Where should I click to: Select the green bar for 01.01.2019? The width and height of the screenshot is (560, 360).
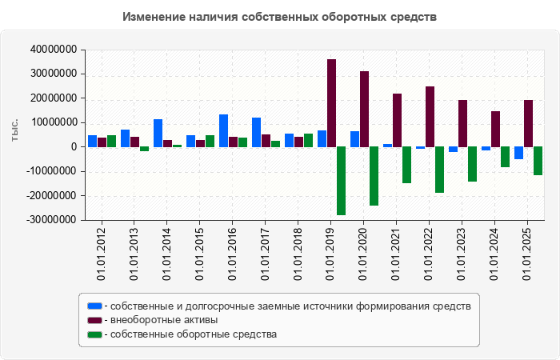(x=341, y=181)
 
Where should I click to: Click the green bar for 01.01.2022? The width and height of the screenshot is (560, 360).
(x=439, y=170)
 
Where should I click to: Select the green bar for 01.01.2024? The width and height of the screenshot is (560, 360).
(x=505, y=157)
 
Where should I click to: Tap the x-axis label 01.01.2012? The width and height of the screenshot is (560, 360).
(x=102, y=254)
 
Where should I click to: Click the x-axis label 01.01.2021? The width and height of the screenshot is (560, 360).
(x=397, y=254)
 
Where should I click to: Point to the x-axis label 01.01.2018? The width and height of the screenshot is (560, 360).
(x=298, y=254)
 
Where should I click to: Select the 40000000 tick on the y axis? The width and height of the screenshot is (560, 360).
(x=53, y=50)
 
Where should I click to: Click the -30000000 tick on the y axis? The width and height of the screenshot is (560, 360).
(x=51, y=220)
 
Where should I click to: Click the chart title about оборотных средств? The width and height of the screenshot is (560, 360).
(x=280, y=17)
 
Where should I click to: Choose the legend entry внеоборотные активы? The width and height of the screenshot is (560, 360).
(x=164, y=320)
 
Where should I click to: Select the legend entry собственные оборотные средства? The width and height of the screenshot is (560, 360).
(x=193, y=334)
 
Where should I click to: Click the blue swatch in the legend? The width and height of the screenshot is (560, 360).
(x=94, y=306)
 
